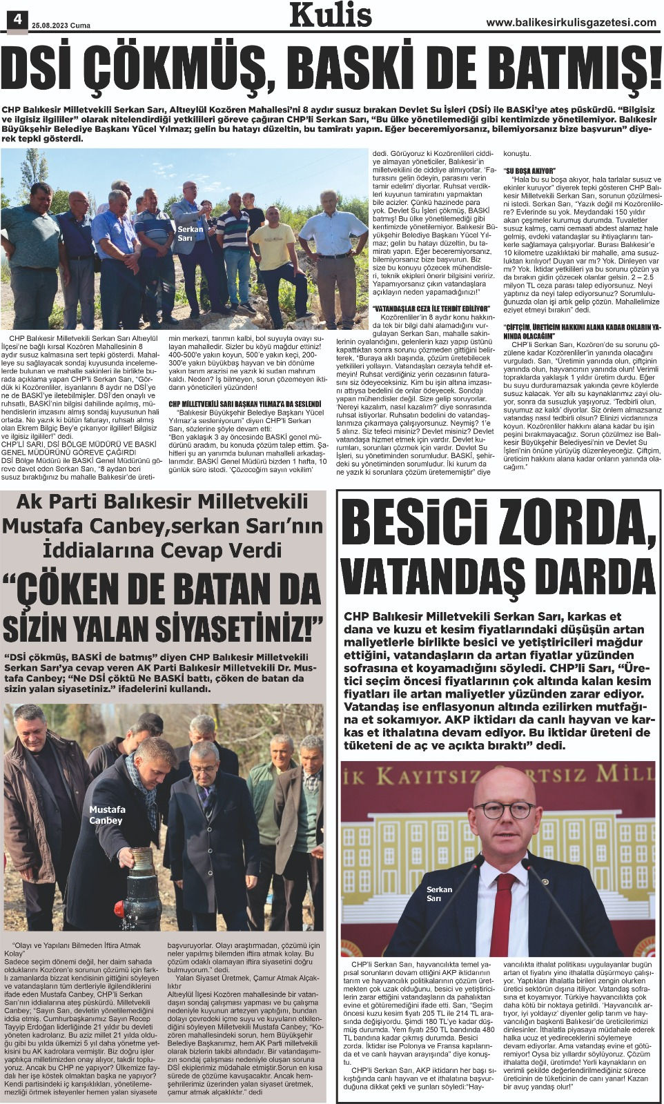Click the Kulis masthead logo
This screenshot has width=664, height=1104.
pos(331,15)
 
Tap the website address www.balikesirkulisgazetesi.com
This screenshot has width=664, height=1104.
pos(571,22)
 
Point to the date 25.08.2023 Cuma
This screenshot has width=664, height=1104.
pos(61,26)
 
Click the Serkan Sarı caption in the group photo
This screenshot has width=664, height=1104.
pos(190,233)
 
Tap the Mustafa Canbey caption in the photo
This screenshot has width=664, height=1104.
pos(107,815)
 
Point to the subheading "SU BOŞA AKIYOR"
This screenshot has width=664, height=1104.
pos(529,170)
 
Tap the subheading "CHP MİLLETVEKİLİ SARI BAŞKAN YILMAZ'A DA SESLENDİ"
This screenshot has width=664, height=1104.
pos(245,403)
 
